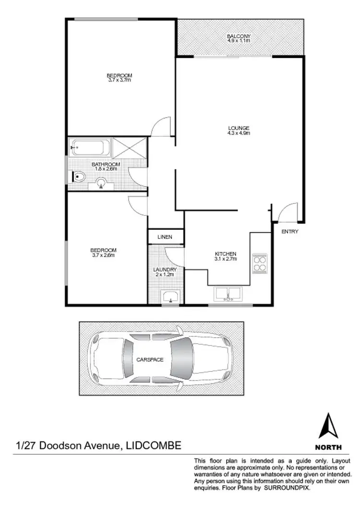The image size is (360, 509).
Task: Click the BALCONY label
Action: (x=239, y=36)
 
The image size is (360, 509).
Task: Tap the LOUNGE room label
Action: (x=239, y=128)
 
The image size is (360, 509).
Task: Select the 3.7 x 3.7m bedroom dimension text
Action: (x=119, y=80)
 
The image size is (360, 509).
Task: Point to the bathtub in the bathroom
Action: (x=90, y=147)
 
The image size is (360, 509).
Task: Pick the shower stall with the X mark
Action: (x=129, y=147)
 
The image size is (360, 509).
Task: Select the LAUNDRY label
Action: (x=165, y=270)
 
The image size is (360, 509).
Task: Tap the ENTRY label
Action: (x=290, y=232)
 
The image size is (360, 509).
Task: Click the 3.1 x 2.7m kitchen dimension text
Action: (x=225, y=259)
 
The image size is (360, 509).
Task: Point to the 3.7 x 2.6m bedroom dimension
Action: (x=103, y=255)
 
